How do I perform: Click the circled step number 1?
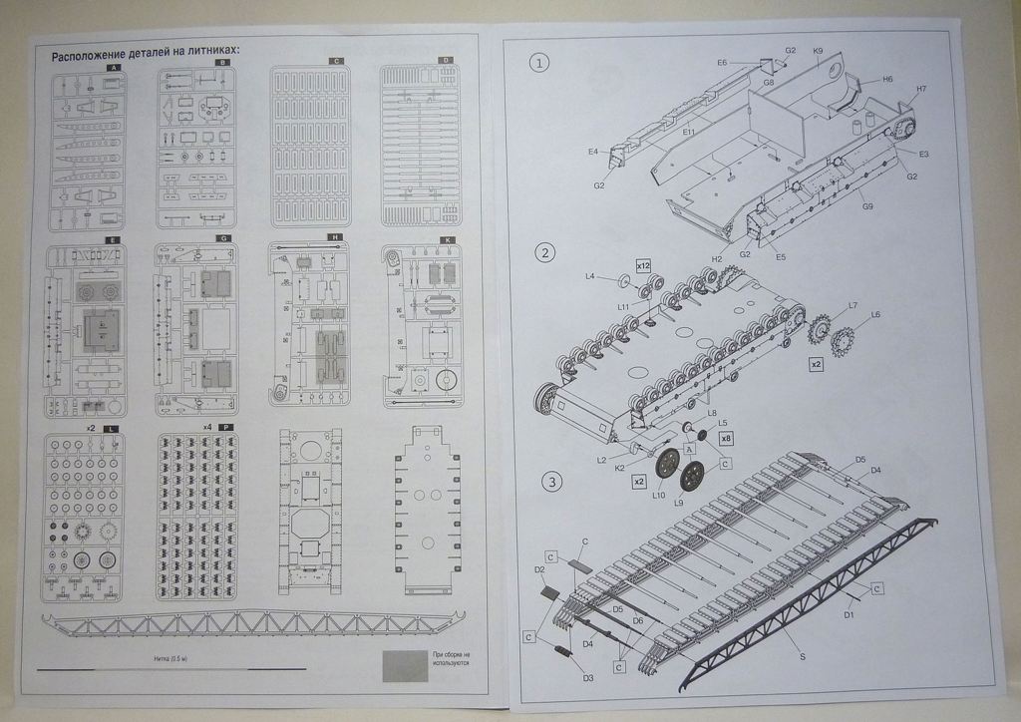click(x=539, y=64)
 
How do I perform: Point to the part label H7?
click(x=921, y=89)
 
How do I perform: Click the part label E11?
click(x=689, y=131)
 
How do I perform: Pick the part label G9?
click(x=868, y=206)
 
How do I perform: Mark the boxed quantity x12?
click(x=643, y=265)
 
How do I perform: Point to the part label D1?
click(x=850, y=614)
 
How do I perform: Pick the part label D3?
click(x=588, y=678)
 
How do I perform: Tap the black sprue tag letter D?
click(x=446, y=61)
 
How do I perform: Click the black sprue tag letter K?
click(x=446, y=239)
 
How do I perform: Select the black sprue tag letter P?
click(x=227, y=427)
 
